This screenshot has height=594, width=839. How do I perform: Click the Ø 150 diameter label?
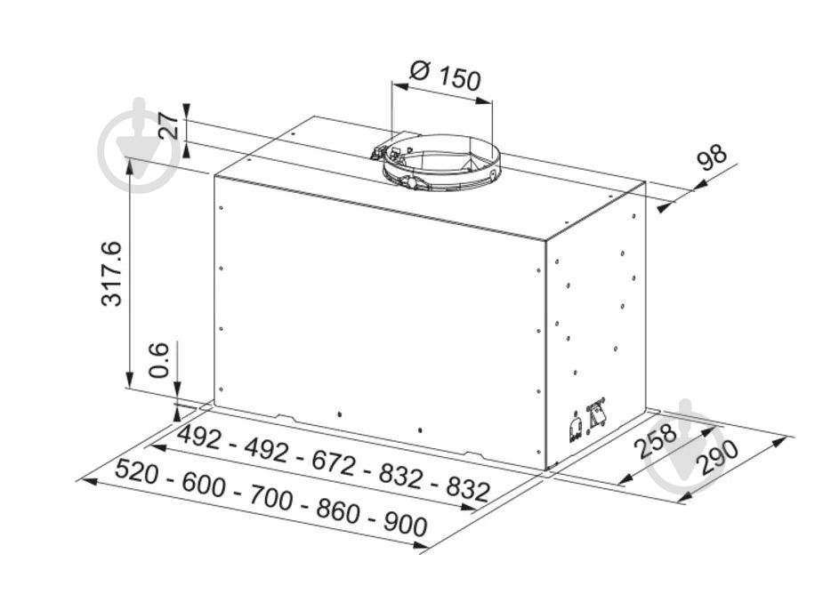pos(445,76)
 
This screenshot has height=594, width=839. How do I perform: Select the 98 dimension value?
pos(712,157)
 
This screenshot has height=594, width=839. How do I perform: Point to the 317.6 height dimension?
pos(112,273)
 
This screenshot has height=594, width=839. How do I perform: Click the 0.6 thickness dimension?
pos(158,360)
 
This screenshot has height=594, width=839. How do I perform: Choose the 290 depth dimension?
pos(716,458)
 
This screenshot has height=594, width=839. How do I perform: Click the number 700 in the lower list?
pos(271,497)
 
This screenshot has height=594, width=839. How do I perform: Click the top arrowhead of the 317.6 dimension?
pos(129,163)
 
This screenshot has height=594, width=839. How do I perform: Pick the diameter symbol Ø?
pos(420,69)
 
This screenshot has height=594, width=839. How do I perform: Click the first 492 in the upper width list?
pos(199,437)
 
